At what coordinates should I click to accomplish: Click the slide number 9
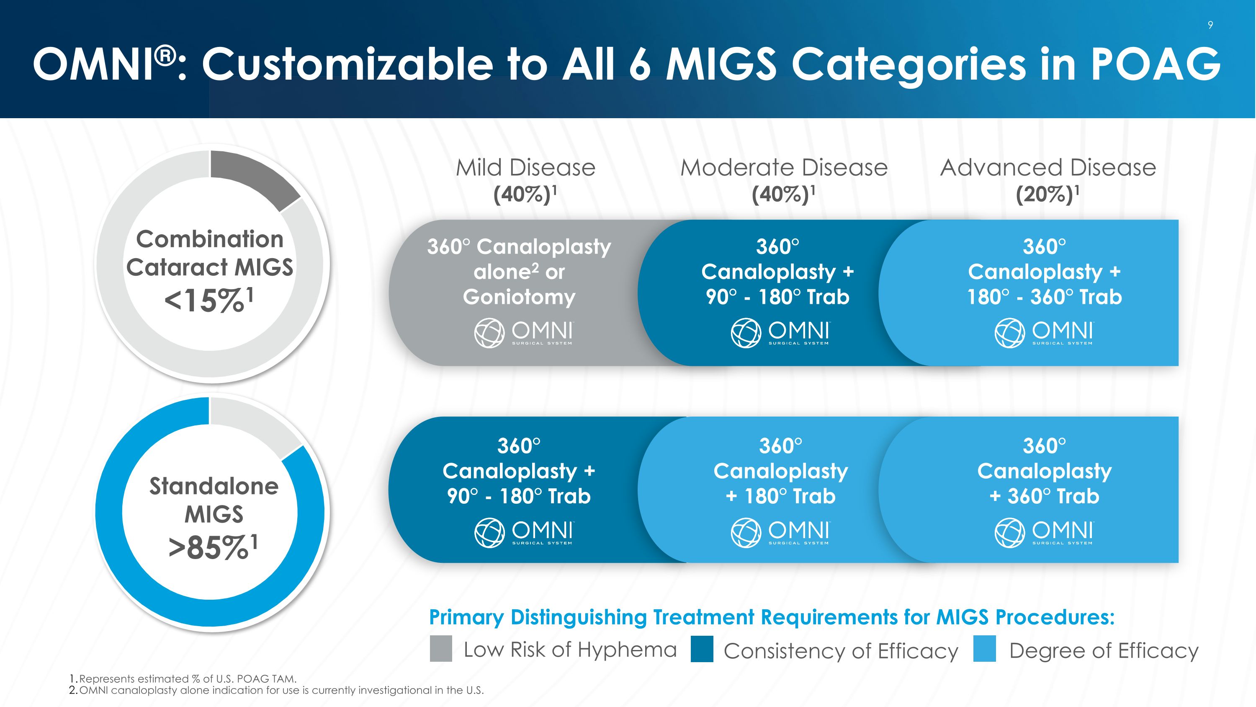pos(1210,25)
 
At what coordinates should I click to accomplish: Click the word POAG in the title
pos(1156,65)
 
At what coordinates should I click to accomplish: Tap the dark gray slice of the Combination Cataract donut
pos(254,179)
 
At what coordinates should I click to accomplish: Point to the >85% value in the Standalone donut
pos(213,547)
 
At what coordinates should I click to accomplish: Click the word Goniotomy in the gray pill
pos(519,297)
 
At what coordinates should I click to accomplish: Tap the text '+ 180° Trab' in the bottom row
pos(781,496)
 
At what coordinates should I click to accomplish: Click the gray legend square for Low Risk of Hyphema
pos(441,649)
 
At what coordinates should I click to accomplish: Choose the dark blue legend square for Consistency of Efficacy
pos(702,649)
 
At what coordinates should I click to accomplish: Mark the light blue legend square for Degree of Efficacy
pos(984,649)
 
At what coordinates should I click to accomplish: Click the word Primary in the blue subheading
pos(466,618)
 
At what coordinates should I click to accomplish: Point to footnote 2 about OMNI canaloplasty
pos(276,690)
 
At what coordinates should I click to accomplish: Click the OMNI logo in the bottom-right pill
pos(1044,533)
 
